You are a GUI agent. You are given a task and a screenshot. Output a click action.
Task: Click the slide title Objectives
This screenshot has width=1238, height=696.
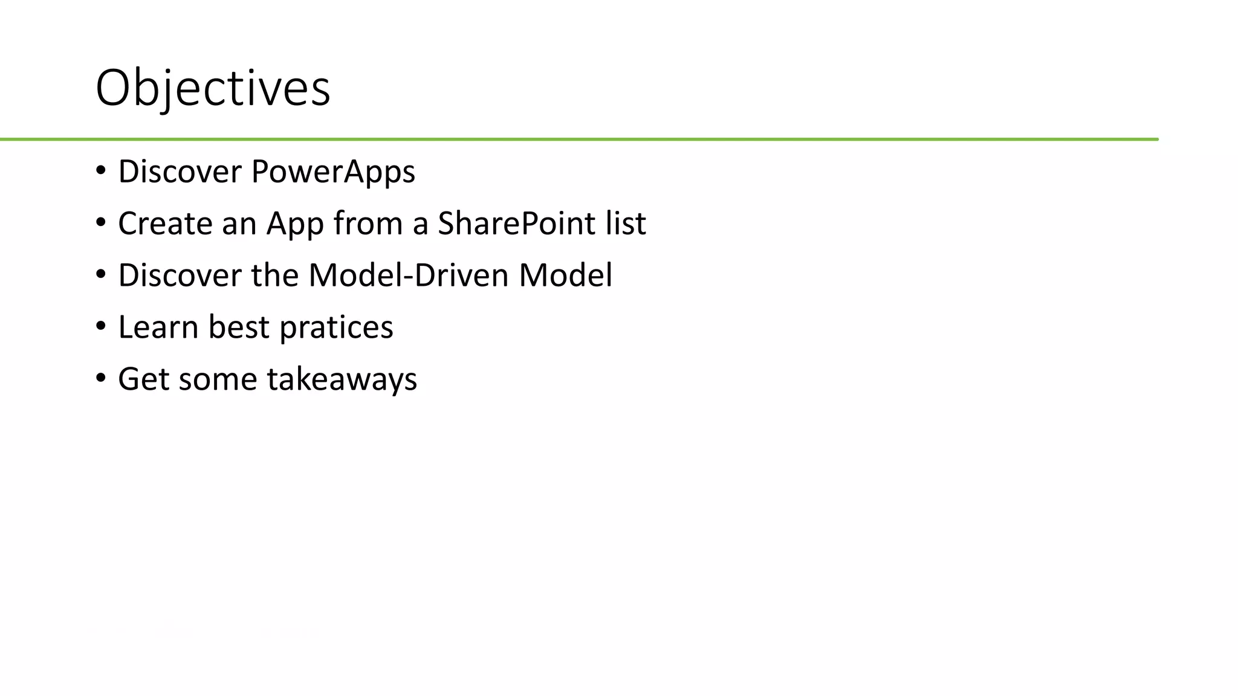tap(213, 88)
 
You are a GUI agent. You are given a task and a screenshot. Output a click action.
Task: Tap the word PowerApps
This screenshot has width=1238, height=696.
tap(333, 172)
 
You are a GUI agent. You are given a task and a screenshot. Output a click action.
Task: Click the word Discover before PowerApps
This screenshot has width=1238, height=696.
tap(180, 172)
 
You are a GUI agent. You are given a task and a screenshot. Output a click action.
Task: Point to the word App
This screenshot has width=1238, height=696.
tap(295, 224)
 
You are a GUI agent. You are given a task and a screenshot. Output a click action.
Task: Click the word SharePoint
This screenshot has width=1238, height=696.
tap(517, 224)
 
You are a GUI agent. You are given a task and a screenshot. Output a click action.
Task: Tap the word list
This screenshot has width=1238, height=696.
tap(626, 224)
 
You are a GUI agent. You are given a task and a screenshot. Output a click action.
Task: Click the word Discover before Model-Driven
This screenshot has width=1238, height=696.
tap(180, 275)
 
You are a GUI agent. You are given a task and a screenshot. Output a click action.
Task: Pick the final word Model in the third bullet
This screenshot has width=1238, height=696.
tap(565, 275)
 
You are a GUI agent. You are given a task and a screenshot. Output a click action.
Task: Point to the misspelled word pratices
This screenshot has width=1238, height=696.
tap(336, 327)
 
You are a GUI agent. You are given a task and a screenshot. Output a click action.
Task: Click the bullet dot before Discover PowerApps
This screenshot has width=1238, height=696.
tap(100, 170)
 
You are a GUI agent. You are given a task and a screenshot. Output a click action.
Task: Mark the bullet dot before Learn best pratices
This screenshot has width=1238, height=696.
tap(100, 326)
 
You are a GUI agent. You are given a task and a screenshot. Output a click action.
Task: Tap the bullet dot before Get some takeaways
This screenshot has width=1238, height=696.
tap(100, 378)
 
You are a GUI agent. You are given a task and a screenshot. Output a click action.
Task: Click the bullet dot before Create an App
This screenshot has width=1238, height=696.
tap(100, 222)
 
